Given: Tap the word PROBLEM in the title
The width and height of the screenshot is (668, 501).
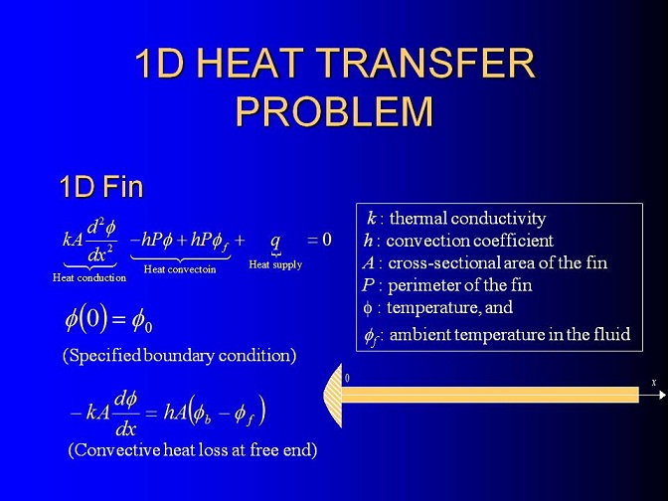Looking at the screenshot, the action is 334,111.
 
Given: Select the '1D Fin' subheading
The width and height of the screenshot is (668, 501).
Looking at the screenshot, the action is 101,187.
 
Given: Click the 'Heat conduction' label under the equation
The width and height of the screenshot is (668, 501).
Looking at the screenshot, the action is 89,277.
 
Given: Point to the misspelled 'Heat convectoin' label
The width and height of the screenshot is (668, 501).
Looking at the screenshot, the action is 180,269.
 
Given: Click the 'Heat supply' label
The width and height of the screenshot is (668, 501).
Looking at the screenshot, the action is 275,264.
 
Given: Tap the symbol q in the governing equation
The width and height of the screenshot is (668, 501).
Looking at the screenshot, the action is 275,242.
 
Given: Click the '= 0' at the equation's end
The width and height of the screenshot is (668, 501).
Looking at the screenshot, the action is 319,240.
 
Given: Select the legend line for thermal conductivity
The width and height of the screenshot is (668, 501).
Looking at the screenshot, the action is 456,218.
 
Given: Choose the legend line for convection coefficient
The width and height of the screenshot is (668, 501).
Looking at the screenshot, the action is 458,241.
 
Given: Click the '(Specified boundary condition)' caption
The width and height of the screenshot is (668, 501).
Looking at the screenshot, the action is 179,355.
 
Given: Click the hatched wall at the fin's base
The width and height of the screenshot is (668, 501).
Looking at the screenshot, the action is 334,396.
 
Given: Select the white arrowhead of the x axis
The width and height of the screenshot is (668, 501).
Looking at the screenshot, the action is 662,395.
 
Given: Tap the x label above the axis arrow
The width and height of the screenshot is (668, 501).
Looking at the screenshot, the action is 654,383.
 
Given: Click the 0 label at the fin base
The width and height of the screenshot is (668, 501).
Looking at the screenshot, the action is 347,379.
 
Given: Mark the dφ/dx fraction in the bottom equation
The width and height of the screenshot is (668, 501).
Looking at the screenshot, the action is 126,414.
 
